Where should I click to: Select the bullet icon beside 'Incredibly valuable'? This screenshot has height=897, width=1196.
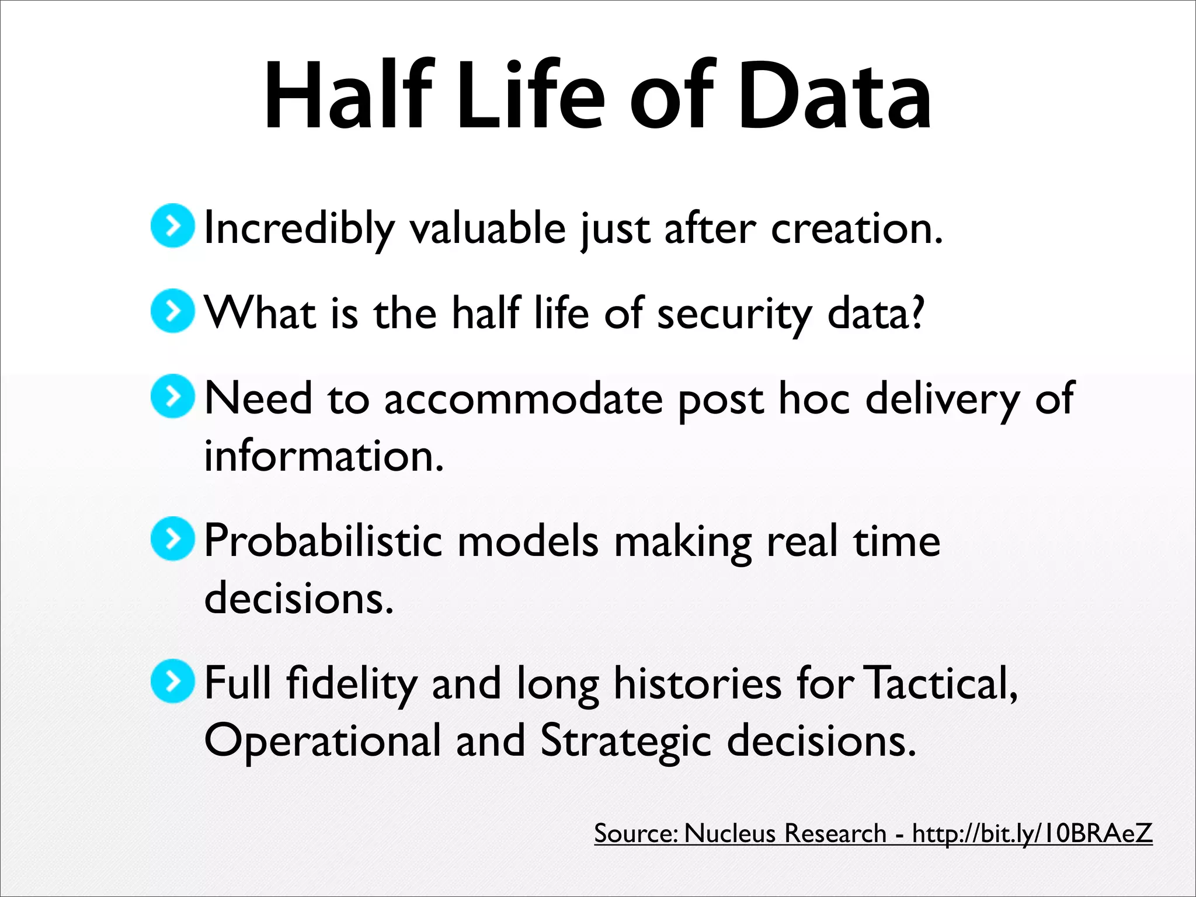(x=172, y=225)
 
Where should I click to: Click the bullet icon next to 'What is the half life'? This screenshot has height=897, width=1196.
(x=172, y=311)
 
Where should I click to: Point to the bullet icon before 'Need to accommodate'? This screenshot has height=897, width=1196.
(x=172, y=397)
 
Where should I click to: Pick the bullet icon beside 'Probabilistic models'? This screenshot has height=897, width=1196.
(x=172, y=538)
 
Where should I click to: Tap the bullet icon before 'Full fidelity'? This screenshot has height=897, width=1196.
(x=172, y=681)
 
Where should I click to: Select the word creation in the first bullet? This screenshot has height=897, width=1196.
(x=856, y=228)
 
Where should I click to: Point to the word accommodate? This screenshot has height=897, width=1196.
(x=523, y=399)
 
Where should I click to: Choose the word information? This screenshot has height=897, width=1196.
(x=324, y=456)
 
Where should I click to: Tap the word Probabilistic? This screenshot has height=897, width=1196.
(x=323, y=541)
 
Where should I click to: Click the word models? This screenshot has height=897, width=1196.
(x=528, y=541)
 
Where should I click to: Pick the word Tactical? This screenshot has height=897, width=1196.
(x=940, y=683)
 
